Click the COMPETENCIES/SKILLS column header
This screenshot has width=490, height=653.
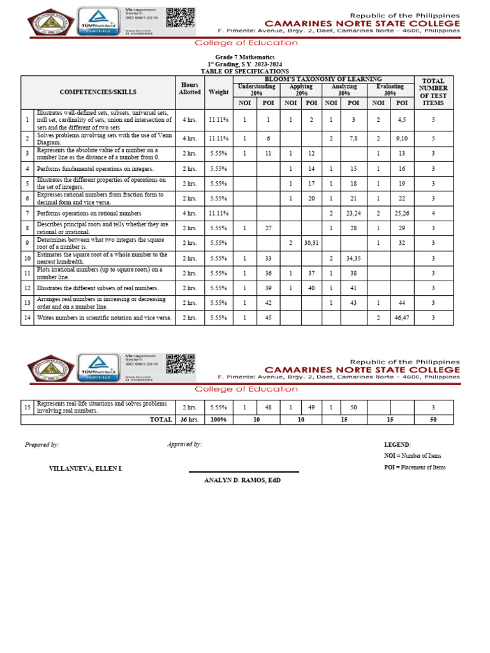pos(98,92)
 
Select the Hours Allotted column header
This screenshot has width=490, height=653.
pos(189,89)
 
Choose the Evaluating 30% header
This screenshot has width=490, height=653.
pos(390,89)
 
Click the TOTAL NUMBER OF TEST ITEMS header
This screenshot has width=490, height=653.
pos(433,92)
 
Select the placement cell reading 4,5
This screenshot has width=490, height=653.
pos(402,119)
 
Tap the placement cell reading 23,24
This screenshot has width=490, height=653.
pos(353,214)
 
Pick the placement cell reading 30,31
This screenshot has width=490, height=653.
pos(311,244)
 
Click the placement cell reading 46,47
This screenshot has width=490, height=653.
pos(402,318)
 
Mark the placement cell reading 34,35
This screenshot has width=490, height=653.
pos(353,258)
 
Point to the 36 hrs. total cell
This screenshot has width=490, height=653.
pos(189,420)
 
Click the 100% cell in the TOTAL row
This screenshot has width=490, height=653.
pos(218,420)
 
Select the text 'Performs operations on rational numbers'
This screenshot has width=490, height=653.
pos(89,214)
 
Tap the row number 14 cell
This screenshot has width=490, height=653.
pos(27,318)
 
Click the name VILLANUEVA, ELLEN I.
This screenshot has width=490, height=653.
pos(85,469)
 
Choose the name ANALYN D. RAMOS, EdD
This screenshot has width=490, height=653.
pos(242,480)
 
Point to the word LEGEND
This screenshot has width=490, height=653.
pos(397,444)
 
